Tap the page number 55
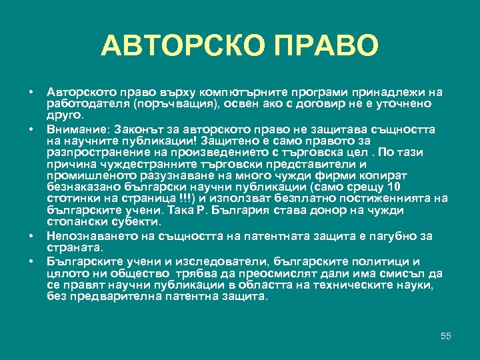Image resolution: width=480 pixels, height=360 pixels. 446,336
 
